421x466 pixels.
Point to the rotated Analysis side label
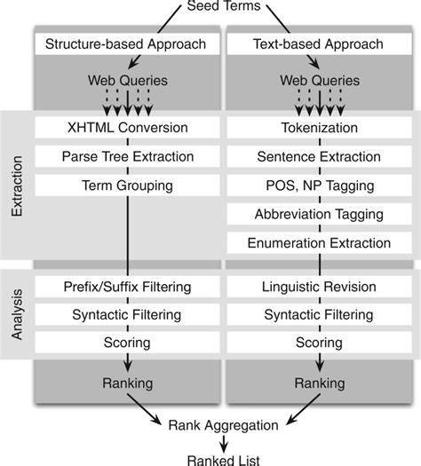click(x=17, y=315)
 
